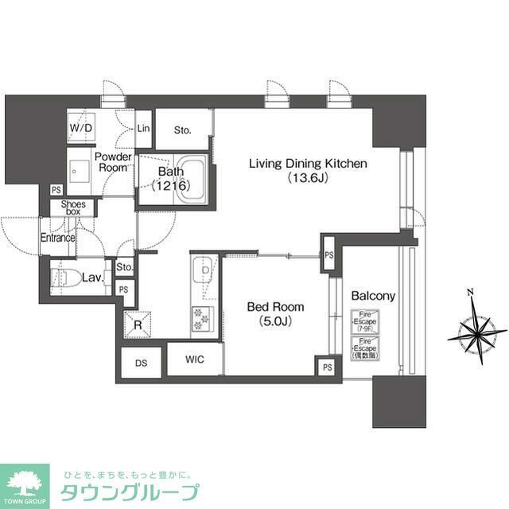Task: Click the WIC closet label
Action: pos(195,359)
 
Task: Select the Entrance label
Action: pos(58,238)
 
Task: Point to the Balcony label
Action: pos(373,296)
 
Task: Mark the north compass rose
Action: pos(476,332)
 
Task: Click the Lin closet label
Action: pos(144,129)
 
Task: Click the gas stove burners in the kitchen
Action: pos(201,319)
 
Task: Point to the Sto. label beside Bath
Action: pos(183,130)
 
